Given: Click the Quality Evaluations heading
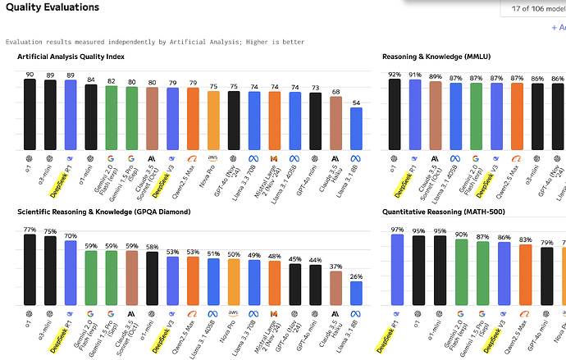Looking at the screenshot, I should [52, 7].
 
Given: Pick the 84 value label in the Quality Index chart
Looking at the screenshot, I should [91, 80].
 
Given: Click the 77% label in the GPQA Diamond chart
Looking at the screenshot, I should [30, 230].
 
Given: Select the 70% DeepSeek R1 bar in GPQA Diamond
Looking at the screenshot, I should [71, 271].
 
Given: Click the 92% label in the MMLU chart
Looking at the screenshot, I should [395, 75].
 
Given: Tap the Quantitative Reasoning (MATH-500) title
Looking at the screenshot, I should [444, 213].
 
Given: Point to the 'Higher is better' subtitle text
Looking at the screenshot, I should [270, 42].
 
